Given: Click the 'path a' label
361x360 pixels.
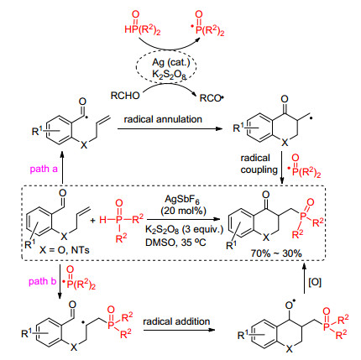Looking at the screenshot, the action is click(x=44, y=169).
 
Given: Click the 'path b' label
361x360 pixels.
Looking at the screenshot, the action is click(x=43, y=281).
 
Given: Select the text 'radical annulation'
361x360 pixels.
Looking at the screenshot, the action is click(x=163, y=119).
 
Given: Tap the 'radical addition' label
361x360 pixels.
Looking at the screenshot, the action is click(x=176, y=321).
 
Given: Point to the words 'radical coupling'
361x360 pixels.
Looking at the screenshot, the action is click(x=259, y=164).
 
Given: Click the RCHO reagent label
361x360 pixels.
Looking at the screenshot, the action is click(x=125, y=96).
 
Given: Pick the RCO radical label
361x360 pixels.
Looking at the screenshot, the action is click(x=212, y=98).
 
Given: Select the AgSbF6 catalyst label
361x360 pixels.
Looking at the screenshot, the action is click(x=183, y=200).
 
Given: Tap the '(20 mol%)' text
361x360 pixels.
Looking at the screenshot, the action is click(x=183, y=211).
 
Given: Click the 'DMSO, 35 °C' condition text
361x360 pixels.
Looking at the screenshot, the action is click(x=175, y=243).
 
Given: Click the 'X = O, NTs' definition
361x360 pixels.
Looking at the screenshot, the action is click(x=64, y=249).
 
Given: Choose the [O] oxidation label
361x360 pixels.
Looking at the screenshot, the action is click(x=315, y=282).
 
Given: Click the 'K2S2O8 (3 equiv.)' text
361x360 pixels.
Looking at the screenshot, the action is click(x=184, y=230).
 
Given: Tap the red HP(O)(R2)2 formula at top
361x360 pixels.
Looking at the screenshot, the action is click(x=143, y=23).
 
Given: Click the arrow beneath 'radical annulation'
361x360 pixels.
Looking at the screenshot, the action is click(x=170, y=128).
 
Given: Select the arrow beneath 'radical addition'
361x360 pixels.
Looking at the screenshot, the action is click(x=179, y=330).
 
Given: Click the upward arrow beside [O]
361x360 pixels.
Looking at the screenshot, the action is click(x=305, y=279).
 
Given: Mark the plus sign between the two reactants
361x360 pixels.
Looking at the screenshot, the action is click(x=92, y=221).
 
